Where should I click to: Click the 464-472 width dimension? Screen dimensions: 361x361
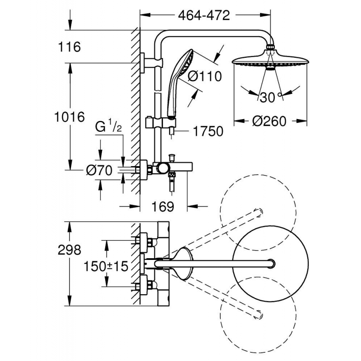click(204, 15)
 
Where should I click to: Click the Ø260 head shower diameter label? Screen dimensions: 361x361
click(269, 122)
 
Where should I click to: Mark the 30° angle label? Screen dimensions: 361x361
click(269, 96)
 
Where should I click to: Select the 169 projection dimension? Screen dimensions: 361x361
click(163, 207)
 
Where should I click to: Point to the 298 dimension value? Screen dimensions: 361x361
click(69, 249)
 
